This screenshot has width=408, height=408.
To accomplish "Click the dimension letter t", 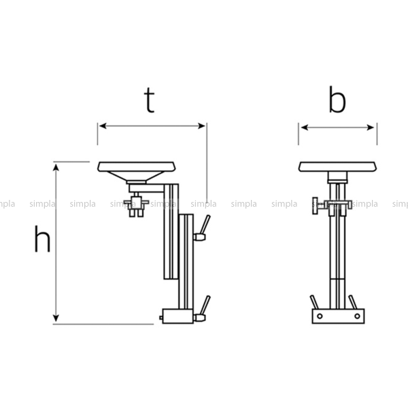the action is [150, 100].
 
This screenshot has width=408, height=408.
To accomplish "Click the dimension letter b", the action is [337, 99].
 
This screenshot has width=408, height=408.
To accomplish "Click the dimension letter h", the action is [42, 239].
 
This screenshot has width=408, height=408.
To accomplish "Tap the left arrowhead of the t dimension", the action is [103, 126].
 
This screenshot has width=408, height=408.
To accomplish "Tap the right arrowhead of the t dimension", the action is [202, 126].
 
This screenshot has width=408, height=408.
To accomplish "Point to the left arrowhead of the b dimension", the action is [304, 128].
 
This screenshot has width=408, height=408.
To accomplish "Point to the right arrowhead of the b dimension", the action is [371, 128].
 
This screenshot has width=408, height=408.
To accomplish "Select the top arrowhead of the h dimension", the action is [56, 167].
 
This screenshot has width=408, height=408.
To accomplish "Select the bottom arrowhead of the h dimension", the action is [56, 318].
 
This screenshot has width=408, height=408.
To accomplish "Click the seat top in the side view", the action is [137, 167].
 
